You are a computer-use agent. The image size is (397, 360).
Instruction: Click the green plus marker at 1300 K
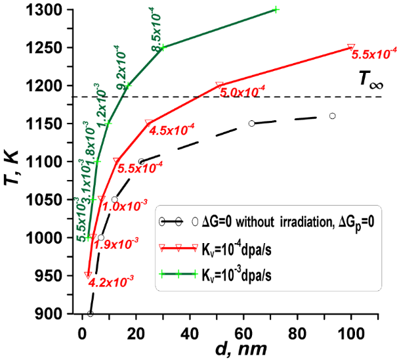coord(276,9)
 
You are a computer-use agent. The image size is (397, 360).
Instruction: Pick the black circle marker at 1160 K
coord(332,116)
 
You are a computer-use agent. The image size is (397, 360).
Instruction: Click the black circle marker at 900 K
coord(91,313)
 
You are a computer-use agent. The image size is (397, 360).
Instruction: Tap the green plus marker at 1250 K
coord(163,47)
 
